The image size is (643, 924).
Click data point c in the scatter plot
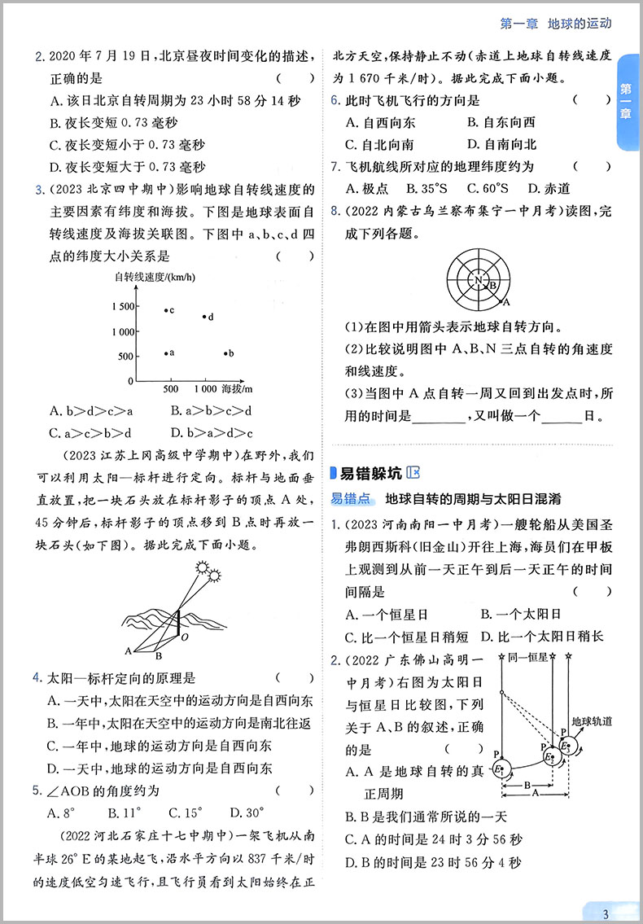[x=166, y=310]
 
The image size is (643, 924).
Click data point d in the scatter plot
[x=203, y=316]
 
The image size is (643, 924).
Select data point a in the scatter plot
[x=166, y=353]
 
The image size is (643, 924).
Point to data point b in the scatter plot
[x=225, y=353]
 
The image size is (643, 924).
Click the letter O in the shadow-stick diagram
[x=184, y=637]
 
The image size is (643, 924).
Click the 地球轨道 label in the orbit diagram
[x=592, y=721]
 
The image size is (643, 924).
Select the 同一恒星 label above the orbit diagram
[x=526, y=657]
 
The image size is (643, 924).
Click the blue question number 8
[x=334, y=212]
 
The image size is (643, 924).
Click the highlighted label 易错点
[x=351, y=498]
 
